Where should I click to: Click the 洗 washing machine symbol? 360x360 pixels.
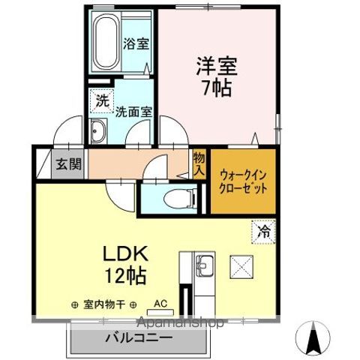(100, 97)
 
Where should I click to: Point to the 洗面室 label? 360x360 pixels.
(134, 111)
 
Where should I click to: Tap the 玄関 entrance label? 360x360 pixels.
(61, 164)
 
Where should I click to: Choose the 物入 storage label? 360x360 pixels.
(199, 163)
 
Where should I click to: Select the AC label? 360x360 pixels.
(160, 304)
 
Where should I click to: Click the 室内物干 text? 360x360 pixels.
(104, 305)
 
